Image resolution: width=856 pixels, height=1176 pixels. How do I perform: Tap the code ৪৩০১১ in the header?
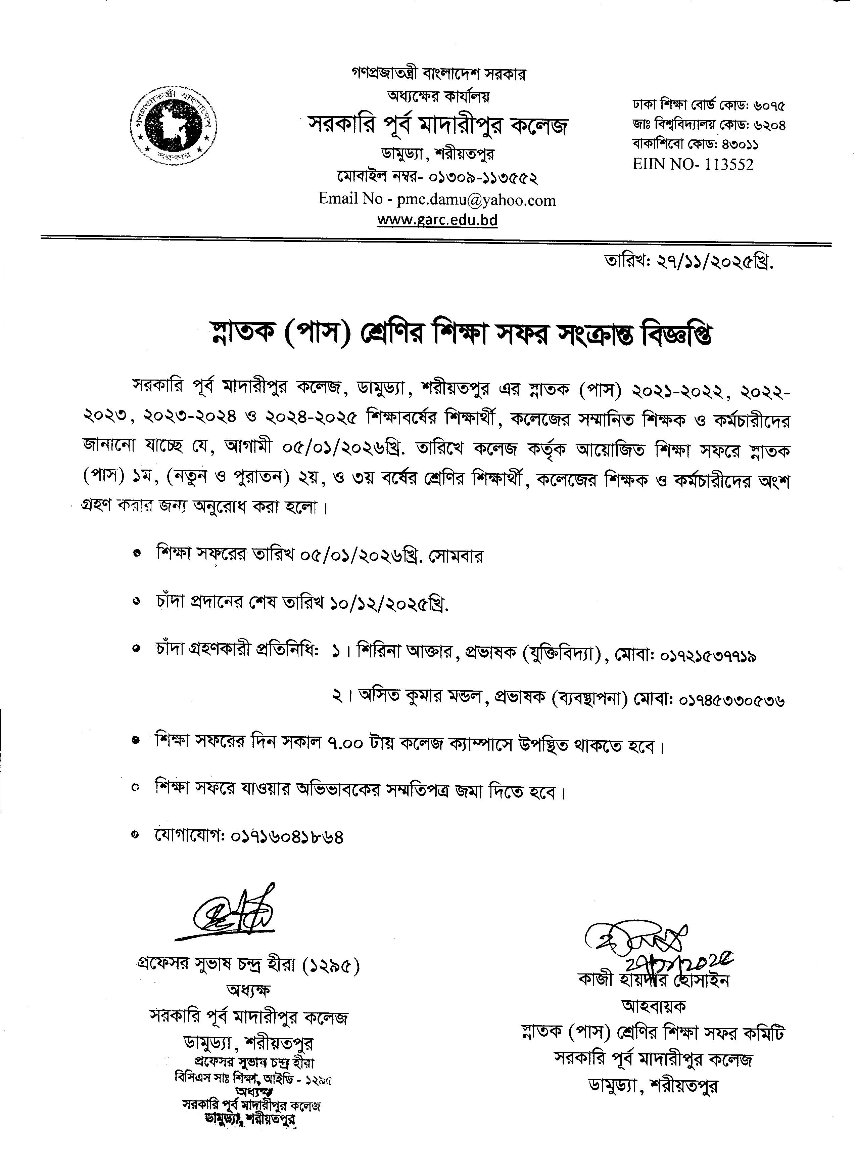[742, 144]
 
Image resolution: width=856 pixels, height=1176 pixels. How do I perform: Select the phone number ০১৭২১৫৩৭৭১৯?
[709, 656]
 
